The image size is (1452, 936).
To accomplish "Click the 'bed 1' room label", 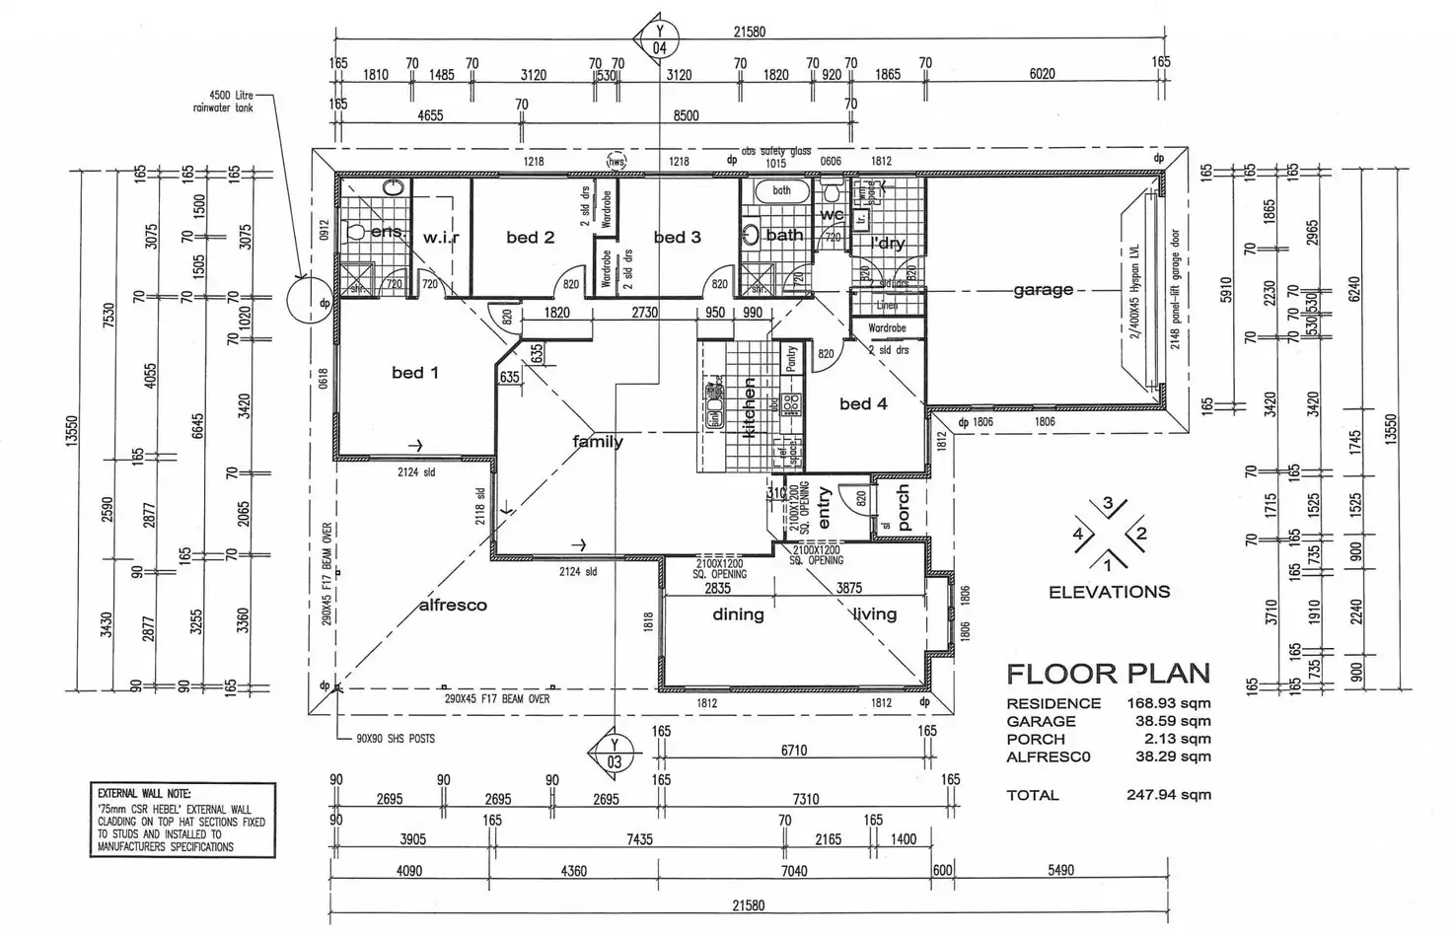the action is (x=414, y=373).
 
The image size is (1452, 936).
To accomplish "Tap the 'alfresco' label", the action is (x=453, y=605).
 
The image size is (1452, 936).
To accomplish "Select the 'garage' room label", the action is (x=1043, y=290).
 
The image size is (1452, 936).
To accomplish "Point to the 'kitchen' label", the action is (x=749, y=407).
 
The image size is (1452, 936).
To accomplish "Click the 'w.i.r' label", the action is (x=441, y=238).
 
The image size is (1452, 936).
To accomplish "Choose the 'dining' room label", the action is (x=738, y=614).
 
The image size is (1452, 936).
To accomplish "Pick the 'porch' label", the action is (x=903, y=508).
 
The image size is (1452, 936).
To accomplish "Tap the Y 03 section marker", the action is (x=614, y=754).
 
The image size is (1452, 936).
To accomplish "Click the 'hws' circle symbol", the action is (x=617, y=162).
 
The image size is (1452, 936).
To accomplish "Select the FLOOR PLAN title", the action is (x=1107, y=675).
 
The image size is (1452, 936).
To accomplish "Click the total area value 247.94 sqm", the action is (x=1169, y=795).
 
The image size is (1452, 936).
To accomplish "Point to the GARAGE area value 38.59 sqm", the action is (x=1169, y=721).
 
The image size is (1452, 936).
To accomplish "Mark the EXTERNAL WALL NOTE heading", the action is (x=144, y=793).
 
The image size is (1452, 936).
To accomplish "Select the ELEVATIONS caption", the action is (x=1109, y=592).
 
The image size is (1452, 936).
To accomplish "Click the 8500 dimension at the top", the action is (x=686, y=115).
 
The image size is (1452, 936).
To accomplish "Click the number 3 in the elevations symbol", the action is (x=1108, y=504).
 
